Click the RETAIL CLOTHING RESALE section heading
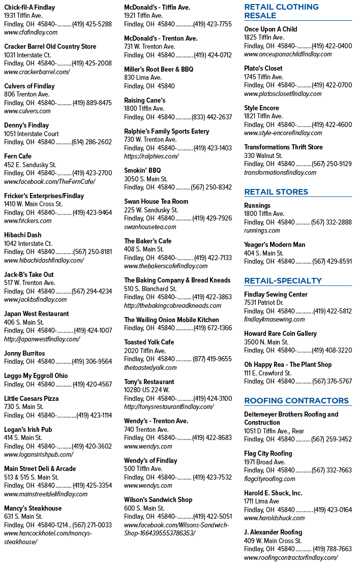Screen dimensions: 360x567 click(282, 11)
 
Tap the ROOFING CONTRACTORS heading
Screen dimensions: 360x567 click(296, 401)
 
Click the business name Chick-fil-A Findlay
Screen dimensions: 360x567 click(29, 7)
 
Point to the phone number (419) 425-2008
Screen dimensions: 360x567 click(92, 64)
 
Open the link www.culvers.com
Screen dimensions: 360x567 click(27, 111)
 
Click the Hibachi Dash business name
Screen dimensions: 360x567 click(22, 235)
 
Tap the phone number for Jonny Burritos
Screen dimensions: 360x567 click(92, 361)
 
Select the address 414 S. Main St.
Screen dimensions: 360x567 click(23, 438)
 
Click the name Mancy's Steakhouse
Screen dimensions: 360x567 click(33, 509)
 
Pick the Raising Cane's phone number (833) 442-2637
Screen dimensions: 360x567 click(212, 117)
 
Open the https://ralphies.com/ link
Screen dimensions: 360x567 click(151, 156)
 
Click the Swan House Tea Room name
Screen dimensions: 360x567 click(156, 201)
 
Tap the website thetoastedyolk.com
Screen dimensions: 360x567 click(150, 368)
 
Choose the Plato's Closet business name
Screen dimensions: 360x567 click(263, 69)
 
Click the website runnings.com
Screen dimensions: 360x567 click(262, 231)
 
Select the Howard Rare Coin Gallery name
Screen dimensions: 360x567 click(280, 334)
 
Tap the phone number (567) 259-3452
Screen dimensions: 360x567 click(332, 439)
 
